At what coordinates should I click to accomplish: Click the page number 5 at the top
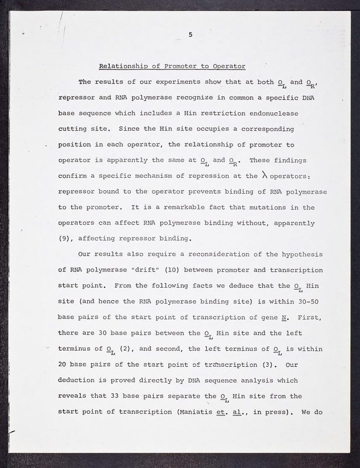[x=191, y=36]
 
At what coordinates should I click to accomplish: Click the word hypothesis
[x=298, y=255]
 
